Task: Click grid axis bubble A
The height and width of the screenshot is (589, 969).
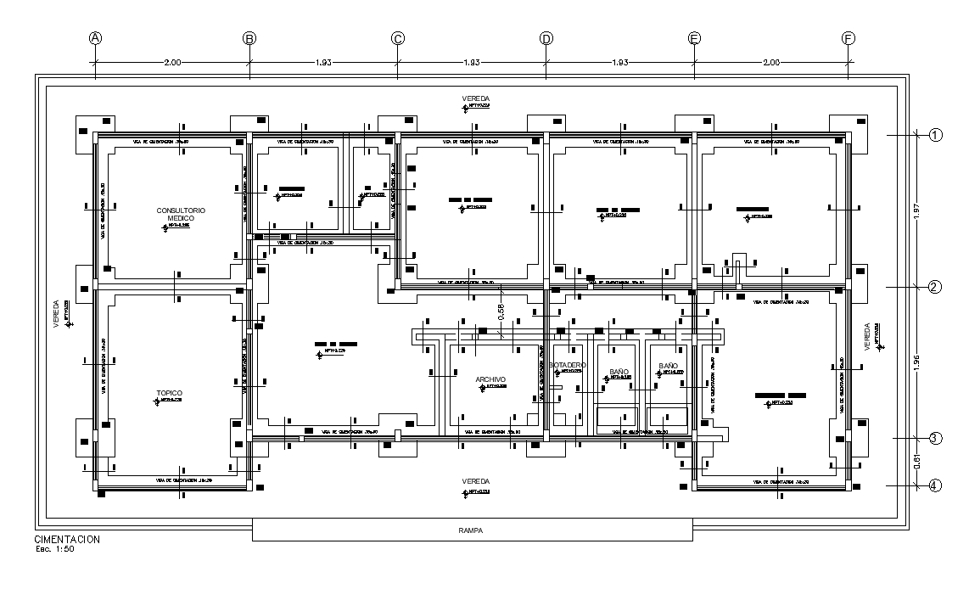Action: [x=96, y=38]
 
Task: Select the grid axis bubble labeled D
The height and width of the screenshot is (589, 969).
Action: [x=546, y=38]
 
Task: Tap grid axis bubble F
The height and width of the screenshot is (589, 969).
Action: [x=848, y=38]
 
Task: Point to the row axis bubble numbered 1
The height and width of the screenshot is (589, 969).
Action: [x=935, y=135]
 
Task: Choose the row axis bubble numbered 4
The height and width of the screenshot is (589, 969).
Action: [x=935, y=485]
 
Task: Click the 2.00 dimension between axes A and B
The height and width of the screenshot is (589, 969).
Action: [x=172, y=63]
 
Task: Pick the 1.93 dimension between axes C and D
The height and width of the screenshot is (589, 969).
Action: [x=472, y=63]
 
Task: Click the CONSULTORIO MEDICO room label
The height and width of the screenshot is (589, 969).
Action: [x=181, y=213]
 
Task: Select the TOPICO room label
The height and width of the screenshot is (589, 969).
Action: [x=169, y=393]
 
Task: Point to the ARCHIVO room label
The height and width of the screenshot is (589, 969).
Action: [x=490, y=379]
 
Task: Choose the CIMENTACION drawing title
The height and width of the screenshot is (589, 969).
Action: [x=67, y=540]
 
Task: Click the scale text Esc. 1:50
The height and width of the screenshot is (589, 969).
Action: [x=55, y=549]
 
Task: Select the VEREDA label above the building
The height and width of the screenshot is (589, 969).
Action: [x=475, y=99]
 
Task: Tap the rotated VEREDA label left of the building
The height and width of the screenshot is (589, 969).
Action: [x=58, y=312]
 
